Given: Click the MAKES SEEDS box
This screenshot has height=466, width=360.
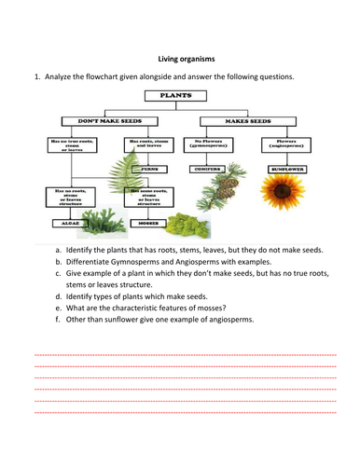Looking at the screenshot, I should (248, 120).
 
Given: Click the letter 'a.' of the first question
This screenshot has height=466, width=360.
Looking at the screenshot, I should (59, 252).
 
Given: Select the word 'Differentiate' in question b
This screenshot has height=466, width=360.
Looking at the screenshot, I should (89, 265).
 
